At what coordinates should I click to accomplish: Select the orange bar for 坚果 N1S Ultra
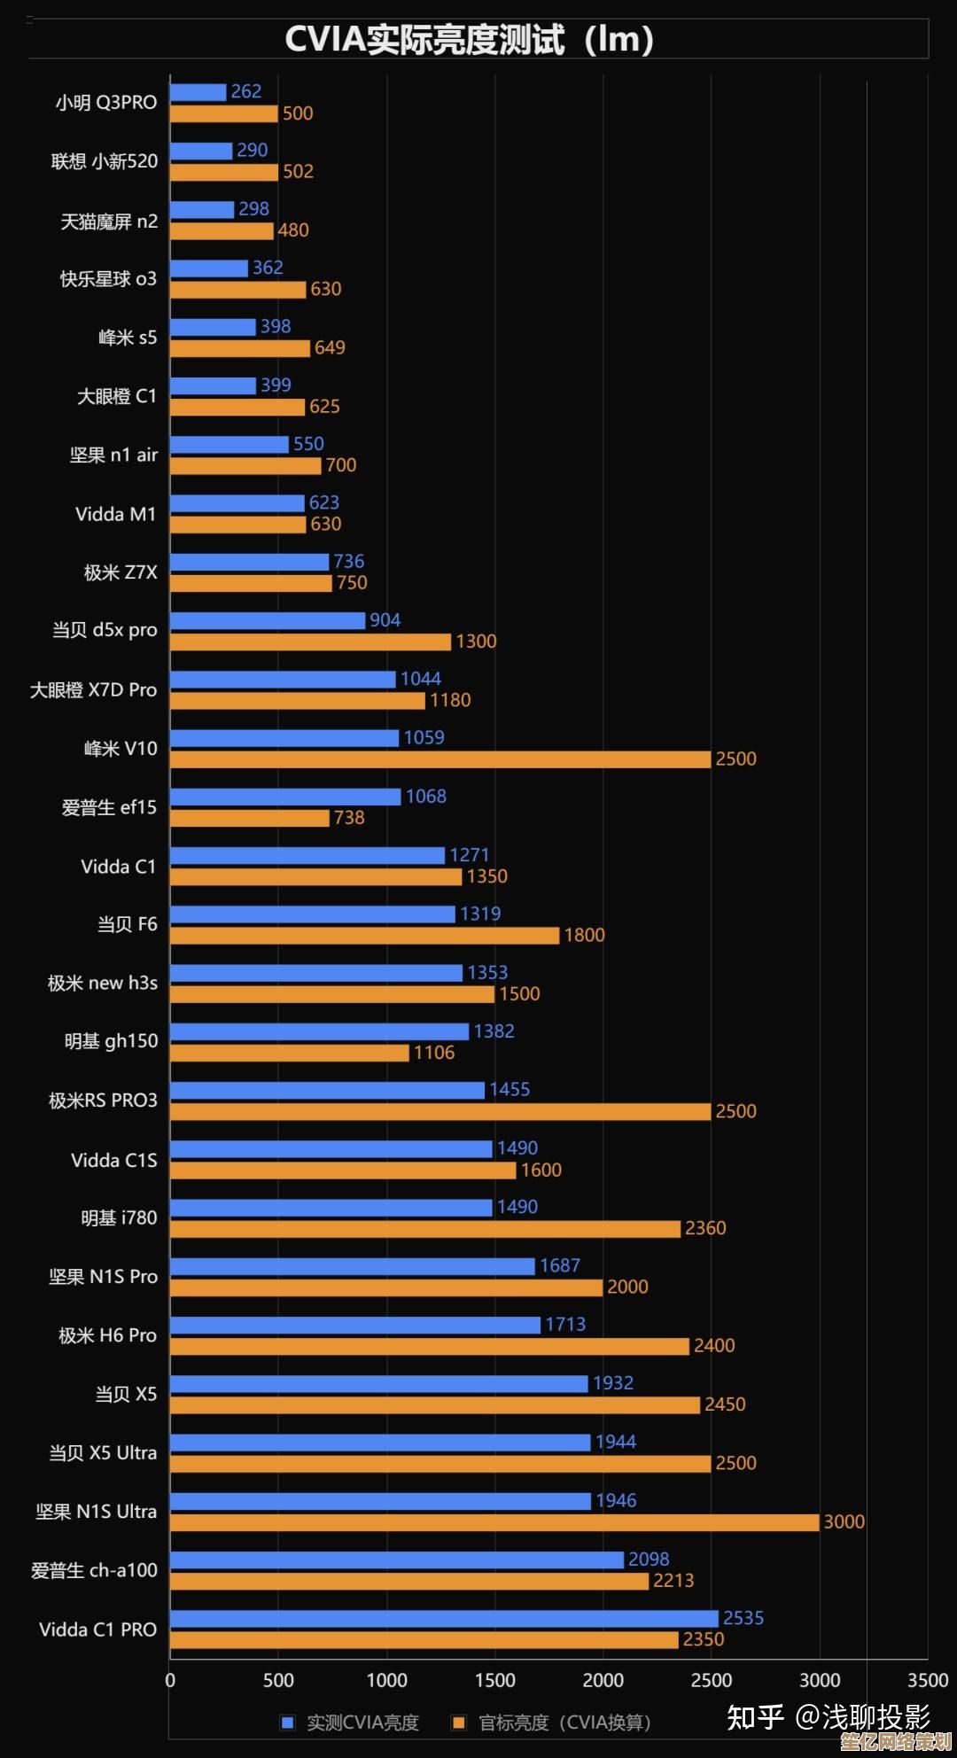[494, 1522]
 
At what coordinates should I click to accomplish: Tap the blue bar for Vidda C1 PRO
[444, 1619]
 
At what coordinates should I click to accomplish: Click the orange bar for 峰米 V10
[440, 759]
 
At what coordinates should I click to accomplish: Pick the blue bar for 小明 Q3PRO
[198, 92]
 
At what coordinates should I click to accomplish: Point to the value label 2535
[743, 1618]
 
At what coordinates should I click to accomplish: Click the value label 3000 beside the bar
[844, 1521]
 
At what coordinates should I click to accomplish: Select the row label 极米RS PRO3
[103, 1101]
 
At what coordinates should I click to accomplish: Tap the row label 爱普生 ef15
[109, 807]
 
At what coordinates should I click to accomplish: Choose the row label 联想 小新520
[105, 161]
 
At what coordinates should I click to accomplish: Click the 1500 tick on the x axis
[494, 1680]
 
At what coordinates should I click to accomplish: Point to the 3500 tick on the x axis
[927, 1680]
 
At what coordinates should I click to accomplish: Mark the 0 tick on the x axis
[170, 1680]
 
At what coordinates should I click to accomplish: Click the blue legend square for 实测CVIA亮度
[287, 1723]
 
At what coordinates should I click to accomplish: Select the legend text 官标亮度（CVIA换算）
[564, 1723]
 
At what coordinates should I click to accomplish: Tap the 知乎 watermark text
[755, 1717]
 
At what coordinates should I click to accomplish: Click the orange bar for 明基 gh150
[290, 1053]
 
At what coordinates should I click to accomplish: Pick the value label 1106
[433, 1053]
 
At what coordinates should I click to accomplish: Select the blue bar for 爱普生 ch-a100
[397, 1560]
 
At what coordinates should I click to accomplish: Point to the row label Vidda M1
[115, 514]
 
